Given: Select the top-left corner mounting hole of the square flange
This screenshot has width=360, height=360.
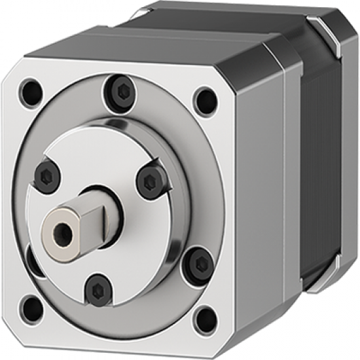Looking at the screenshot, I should click(29, 92).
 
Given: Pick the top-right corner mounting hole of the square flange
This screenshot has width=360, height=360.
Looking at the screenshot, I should click(205, 99).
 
